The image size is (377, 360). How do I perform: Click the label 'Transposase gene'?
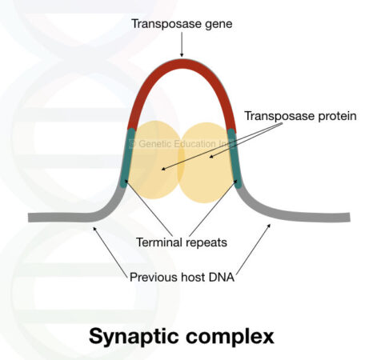[x=182, y=24]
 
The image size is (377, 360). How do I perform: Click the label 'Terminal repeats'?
[x=182, y=241]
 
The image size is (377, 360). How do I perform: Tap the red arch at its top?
[x=182, y=63]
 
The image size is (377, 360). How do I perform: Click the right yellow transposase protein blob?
[x=206, y=160]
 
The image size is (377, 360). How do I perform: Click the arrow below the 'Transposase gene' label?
[x=182, y=46]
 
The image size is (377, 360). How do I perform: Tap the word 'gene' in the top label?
[x=217, y=24]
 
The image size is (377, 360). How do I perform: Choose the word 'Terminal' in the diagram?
[x=160, y=241]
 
